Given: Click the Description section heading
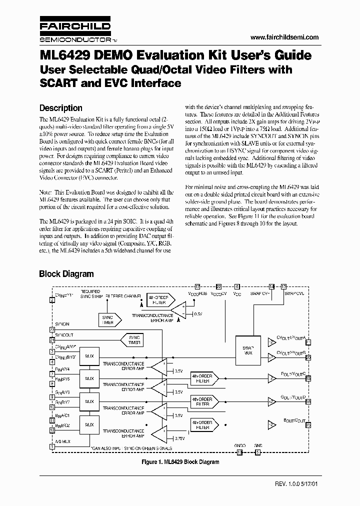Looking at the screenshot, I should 60,108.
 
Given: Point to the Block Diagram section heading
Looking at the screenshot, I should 66,274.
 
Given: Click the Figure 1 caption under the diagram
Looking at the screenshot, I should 179,461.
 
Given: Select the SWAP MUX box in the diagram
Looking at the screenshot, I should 248,350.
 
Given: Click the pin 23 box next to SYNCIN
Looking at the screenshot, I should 52,329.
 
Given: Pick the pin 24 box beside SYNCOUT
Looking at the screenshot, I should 52,340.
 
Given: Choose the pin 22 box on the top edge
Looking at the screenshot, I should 219,286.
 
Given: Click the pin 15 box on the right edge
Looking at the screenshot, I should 308,424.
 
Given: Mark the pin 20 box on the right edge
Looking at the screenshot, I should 308,357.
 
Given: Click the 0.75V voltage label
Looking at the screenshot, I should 179,438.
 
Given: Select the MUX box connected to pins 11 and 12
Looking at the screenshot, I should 89,424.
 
